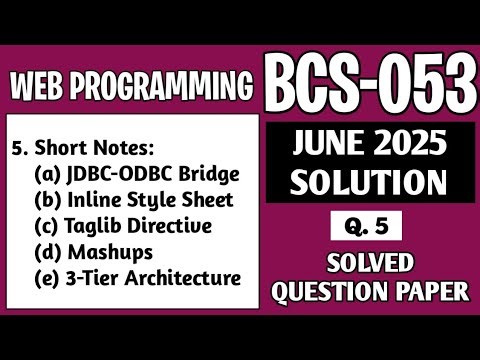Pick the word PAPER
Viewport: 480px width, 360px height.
tap(435, 293)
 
